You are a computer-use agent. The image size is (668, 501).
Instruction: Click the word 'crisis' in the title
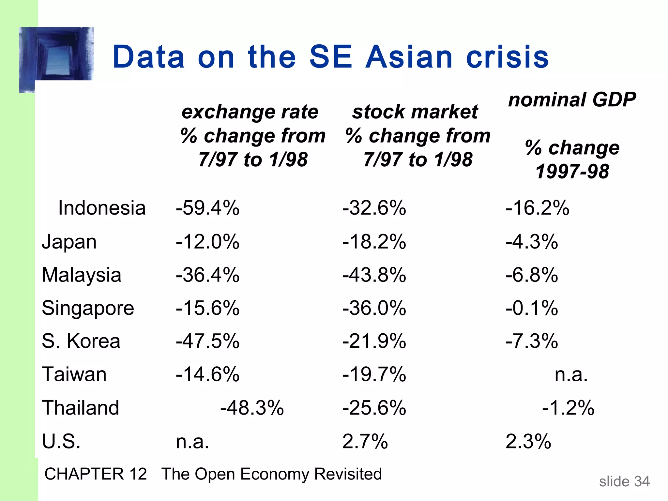point(508,57)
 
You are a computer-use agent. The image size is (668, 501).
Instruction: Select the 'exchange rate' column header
point(250,112)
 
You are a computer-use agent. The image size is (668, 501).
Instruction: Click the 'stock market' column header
point(415,112)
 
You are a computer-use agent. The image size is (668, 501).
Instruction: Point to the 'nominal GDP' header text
point(572,99)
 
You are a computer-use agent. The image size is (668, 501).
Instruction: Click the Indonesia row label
point(102,208)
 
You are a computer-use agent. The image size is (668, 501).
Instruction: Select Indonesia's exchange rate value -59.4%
point(207,208)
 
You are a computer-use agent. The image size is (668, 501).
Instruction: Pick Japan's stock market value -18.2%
point(374,242)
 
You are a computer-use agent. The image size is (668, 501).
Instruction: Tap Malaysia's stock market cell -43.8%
point(374,275)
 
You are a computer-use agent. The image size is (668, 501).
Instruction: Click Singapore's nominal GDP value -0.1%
point(532,308)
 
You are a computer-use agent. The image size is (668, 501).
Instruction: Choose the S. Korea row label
point(81,341)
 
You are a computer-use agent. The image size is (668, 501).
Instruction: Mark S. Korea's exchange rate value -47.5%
point(207,341)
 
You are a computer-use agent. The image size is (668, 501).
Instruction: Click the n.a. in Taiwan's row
point(571,374)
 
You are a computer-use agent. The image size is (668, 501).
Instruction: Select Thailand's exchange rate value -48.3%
point(252,408)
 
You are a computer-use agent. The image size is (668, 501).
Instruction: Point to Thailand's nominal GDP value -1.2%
point(568,408)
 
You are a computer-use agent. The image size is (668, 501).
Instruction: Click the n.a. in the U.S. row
point(192,442)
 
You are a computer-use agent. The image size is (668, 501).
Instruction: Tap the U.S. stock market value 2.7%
point(365,442)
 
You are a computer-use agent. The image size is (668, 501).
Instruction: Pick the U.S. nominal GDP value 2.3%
point(528,442)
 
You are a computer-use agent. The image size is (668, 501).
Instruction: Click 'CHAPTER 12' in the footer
point(96,474)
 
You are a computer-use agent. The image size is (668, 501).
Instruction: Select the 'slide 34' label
point(624,481)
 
